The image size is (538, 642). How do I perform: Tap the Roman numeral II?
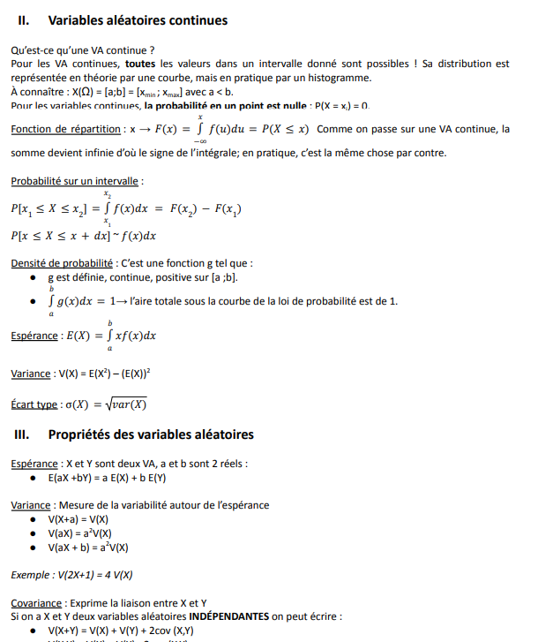pos(24,20)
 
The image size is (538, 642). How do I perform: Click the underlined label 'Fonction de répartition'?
pos(66,129)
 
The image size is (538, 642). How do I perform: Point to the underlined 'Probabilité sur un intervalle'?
pos(76,181)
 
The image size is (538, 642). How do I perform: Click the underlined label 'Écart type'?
pos(34,404)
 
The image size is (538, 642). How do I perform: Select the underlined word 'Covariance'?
pos(36,603)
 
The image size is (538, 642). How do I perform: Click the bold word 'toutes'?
pos(140,64)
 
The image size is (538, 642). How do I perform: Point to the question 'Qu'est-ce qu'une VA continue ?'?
pos(83,50)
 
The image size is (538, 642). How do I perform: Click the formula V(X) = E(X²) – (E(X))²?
pos(105,374)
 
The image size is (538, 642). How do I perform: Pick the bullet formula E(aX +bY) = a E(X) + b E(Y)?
pos(107,478)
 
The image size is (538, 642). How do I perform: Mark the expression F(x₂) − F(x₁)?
pos(205,209)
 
